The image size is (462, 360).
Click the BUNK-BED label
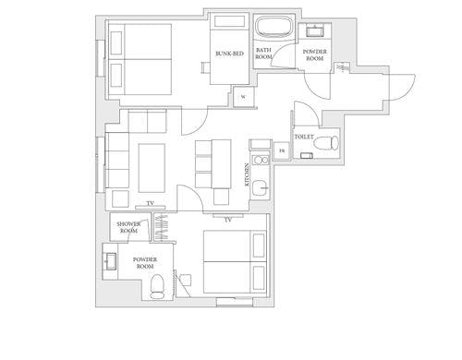point(229,54)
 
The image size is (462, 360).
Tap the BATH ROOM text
point(263,54)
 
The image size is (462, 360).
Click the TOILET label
point(304,137)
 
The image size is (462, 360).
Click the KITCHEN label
point(247,174)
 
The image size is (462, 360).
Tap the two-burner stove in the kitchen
point(261,160)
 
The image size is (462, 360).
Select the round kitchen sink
point(261,188)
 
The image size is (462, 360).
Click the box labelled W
point(243,97)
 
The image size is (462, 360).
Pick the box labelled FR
point(282,150)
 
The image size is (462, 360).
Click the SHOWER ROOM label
point(128,227)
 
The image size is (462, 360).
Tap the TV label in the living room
point(150,203)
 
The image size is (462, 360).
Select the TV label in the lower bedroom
point(227,220)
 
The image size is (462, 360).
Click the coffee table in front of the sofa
point(152,168)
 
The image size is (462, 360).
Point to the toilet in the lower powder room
point(157,287)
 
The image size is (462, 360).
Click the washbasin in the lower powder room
point(110,261)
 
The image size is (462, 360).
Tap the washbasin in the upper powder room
point(315,31)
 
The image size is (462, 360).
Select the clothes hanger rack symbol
point(163,228)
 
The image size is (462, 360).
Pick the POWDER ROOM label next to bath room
point(315,55)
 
